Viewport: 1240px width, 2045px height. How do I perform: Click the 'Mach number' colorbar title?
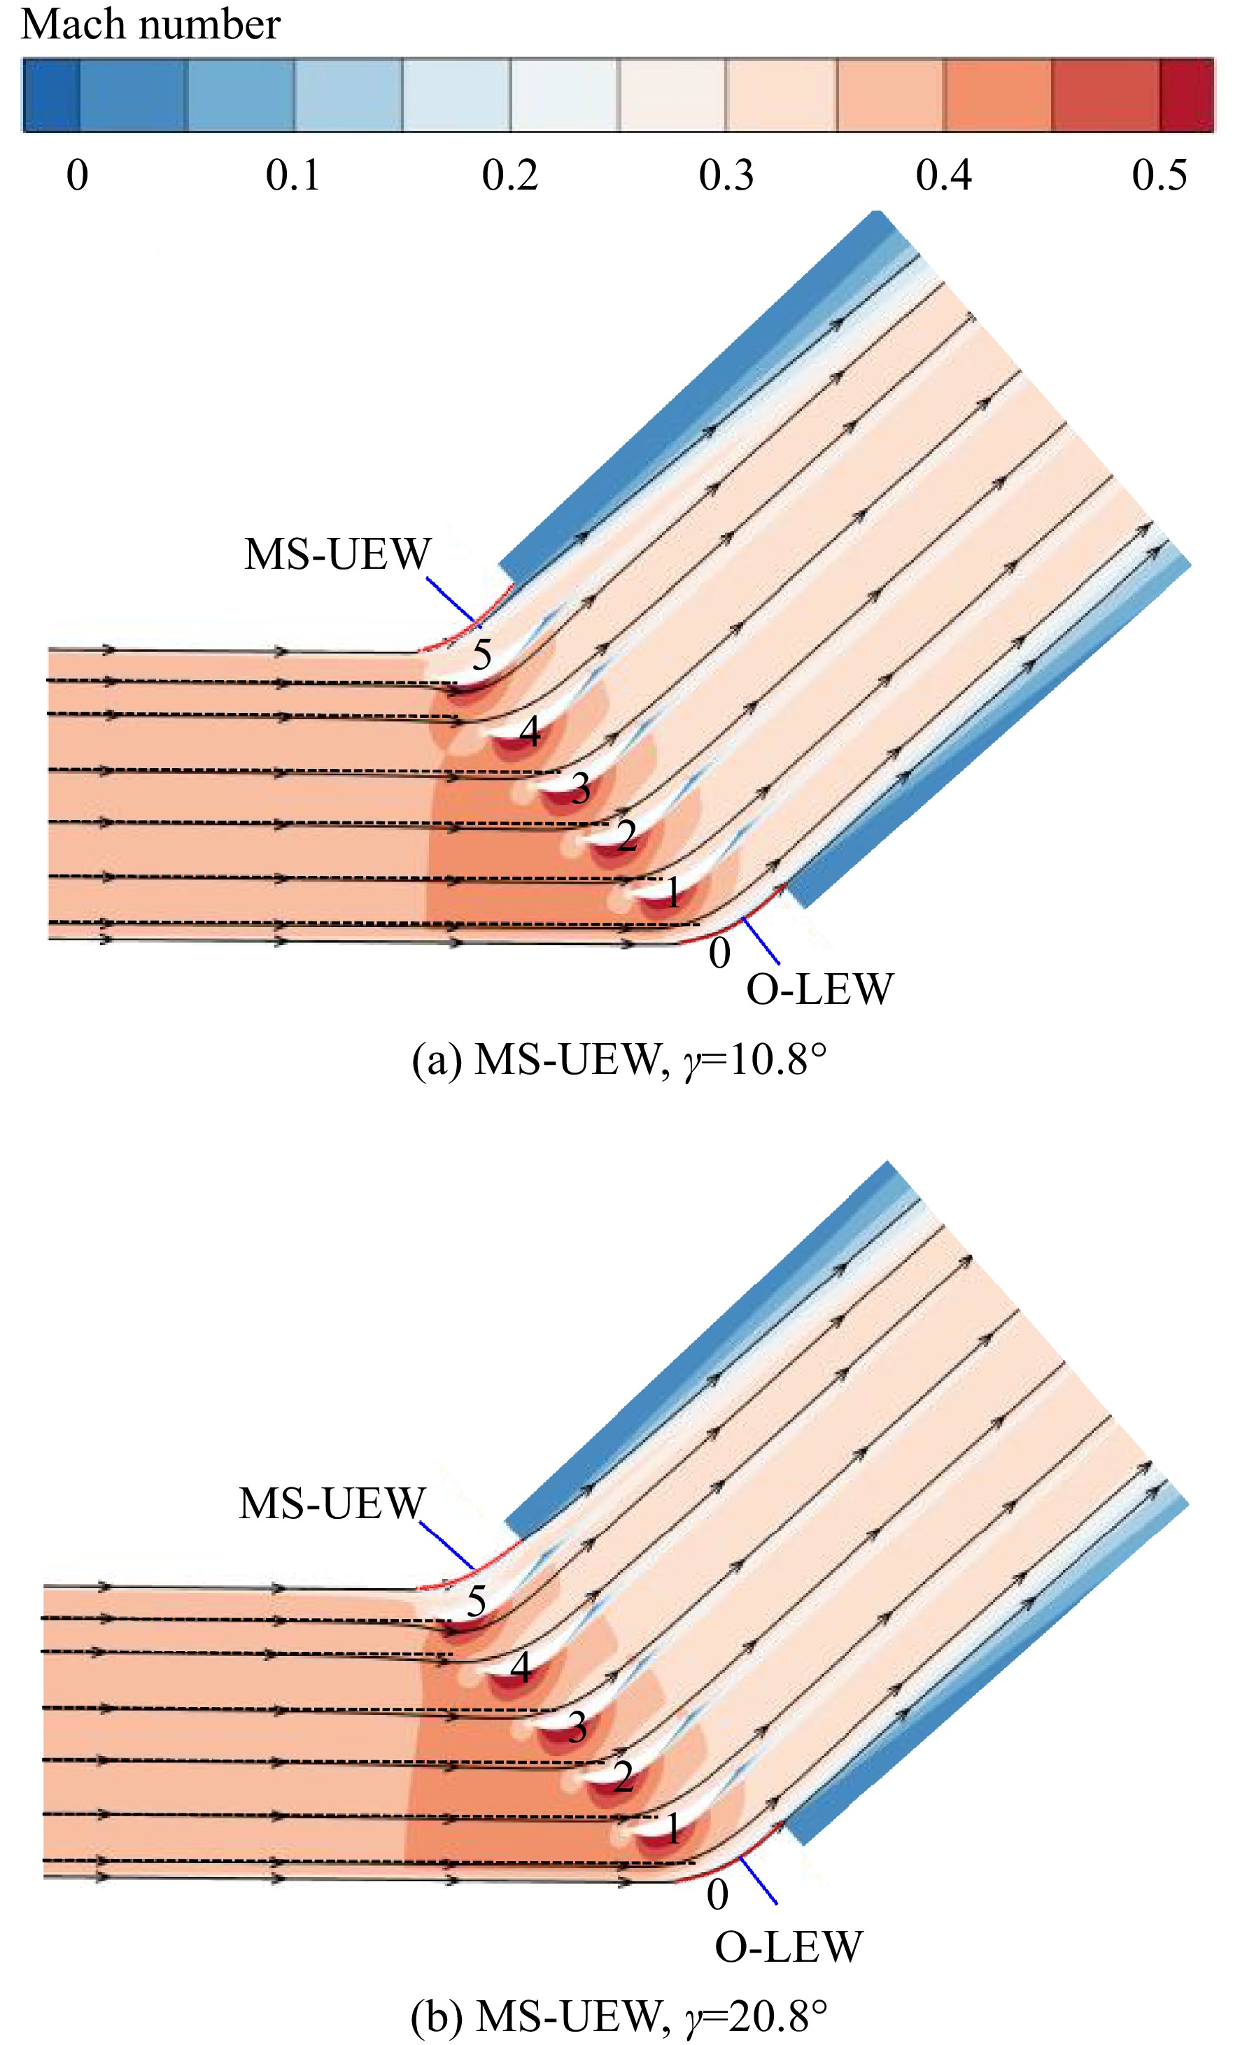[x=150, y=25]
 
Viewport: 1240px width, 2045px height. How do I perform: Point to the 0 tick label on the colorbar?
[x=77, y=175]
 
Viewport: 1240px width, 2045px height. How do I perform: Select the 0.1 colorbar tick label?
[x=293, y=175]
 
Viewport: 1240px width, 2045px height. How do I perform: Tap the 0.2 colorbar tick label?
[x=509, y=175]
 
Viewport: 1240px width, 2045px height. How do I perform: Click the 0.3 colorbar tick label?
[x=726, y=175]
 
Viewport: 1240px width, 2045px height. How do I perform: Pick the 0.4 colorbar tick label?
[x=944, y=175]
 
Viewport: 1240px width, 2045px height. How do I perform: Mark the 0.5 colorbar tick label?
[x=1160, y=175]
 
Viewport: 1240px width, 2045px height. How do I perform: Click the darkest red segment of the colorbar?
[x=1187, y=94]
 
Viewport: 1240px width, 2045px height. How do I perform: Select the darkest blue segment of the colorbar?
[x=50, y=94]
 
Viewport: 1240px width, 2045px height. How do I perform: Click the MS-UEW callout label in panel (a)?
[x=337, y=553]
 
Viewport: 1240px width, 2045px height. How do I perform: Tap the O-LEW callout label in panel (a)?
[x=819, y=989]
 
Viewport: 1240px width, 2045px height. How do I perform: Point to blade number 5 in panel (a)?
[x=481, y=655]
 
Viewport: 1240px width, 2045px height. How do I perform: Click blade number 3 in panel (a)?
[x=580, y=788]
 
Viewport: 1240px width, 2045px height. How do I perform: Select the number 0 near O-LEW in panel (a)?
[x=719, y=953]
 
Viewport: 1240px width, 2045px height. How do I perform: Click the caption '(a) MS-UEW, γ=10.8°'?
[x=619, y=1060]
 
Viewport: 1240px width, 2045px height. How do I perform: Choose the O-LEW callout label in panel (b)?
[x=789, y=1947]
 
